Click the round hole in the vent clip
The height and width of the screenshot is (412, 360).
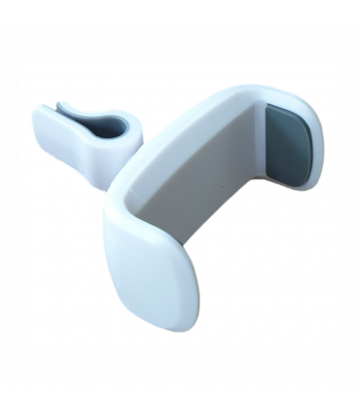[113, 127]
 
